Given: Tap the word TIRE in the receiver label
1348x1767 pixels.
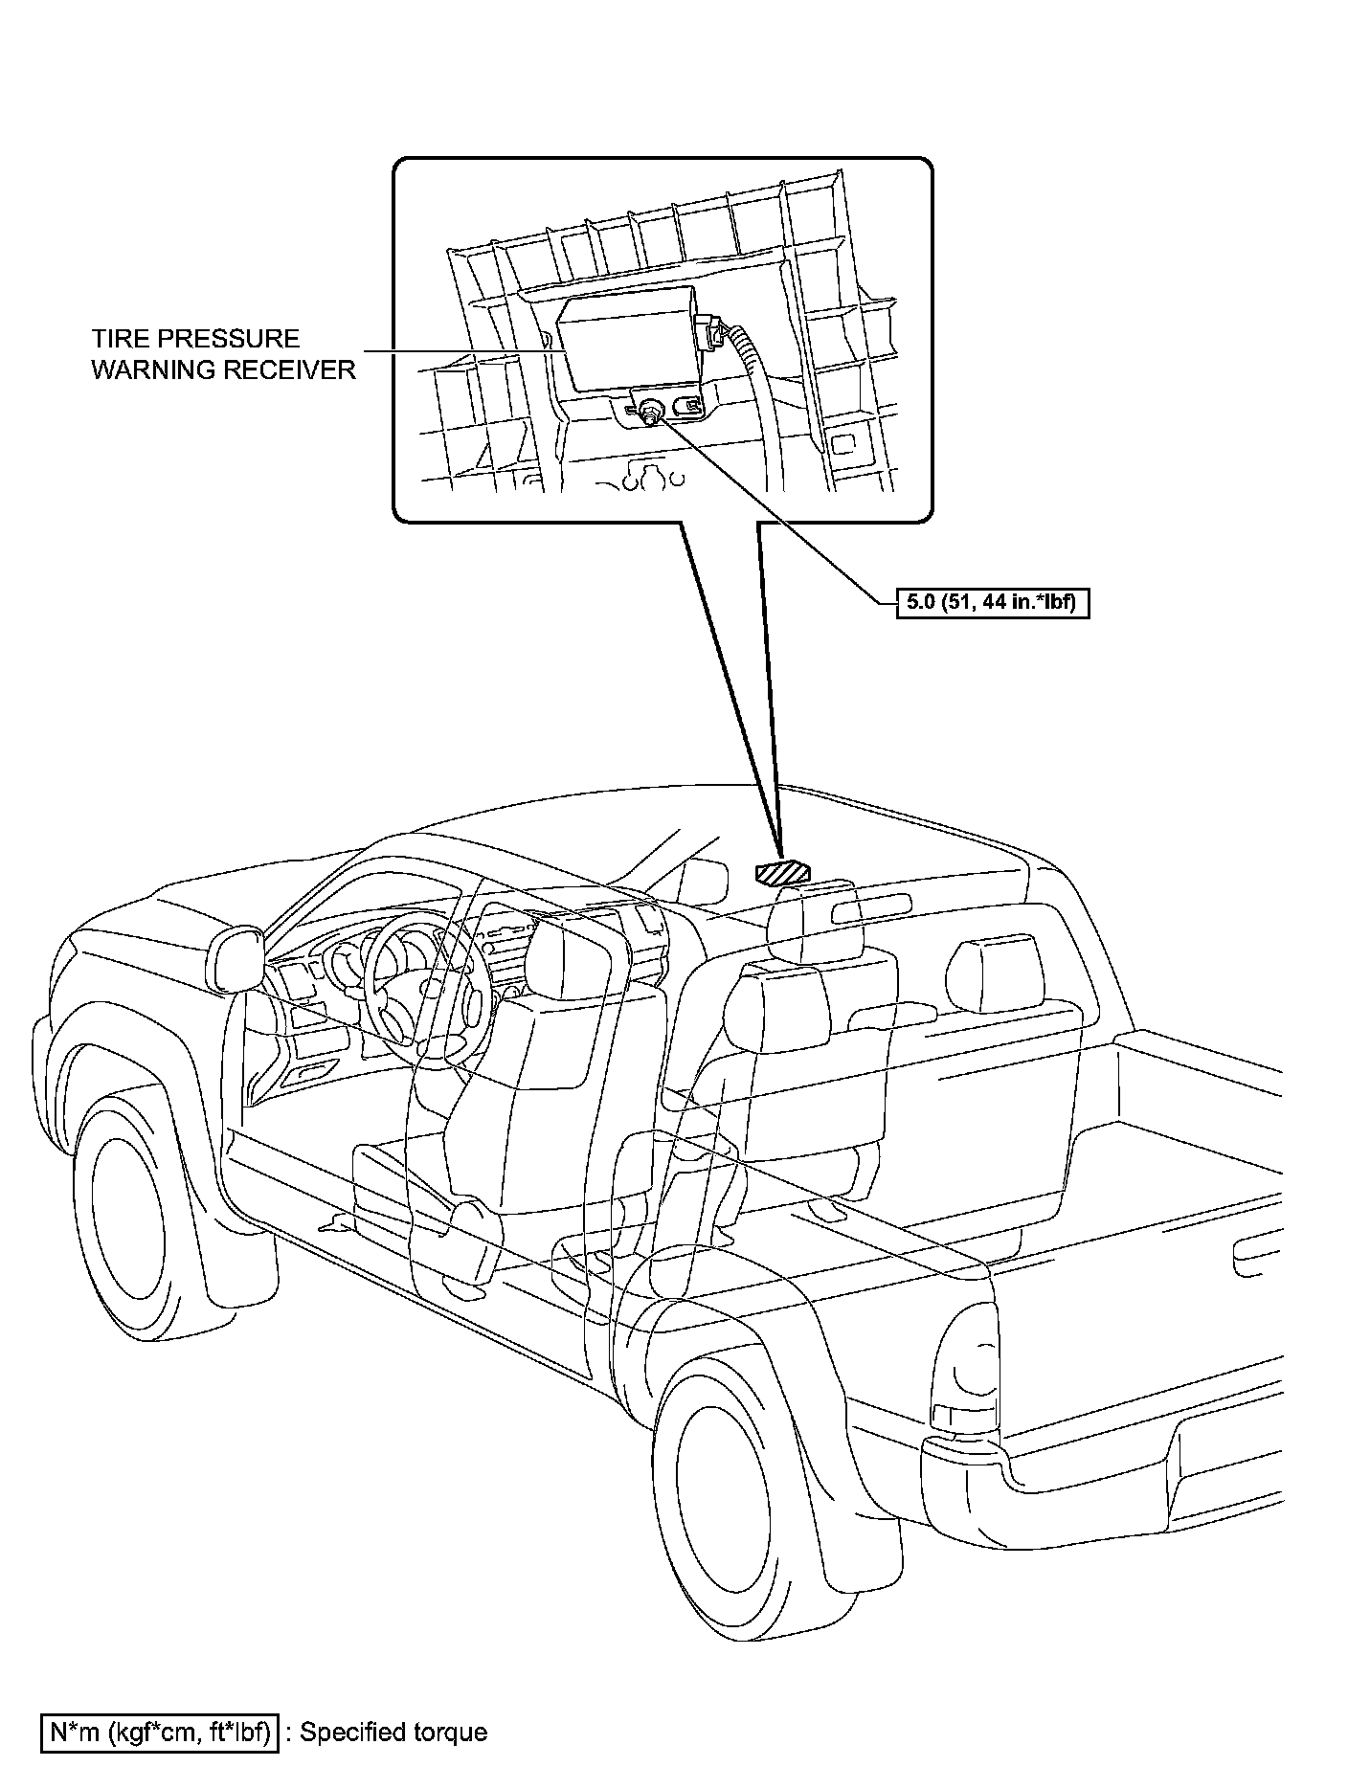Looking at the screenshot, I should [x=118, y=339].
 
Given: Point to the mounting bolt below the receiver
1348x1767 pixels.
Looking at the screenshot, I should [x=651, y=412].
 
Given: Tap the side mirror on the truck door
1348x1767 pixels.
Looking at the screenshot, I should [x=236, y=957].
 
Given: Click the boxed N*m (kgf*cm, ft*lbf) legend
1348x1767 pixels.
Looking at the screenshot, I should [x=159, y=1732].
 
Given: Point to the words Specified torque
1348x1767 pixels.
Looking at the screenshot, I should [x=394, y=1732].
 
